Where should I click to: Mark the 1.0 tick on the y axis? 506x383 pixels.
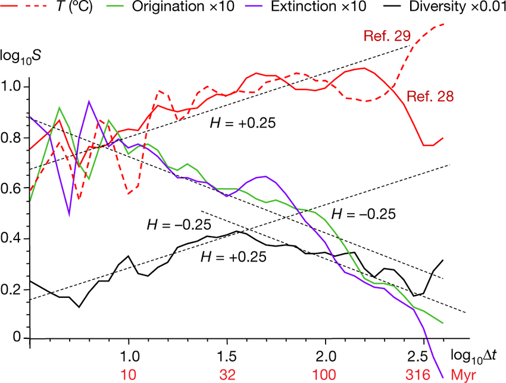(13, 87)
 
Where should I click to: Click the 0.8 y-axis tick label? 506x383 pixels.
(13, 138)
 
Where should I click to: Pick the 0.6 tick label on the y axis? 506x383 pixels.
(13, 188)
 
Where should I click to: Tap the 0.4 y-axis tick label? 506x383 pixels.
(13, 238)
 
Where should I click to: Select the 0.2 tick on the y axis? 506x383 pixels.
(13, 289)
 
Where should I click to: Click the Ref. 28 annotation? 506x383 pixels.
(427, 95)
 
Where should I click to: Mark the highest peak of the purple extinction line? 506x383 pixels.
(89, 101)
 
